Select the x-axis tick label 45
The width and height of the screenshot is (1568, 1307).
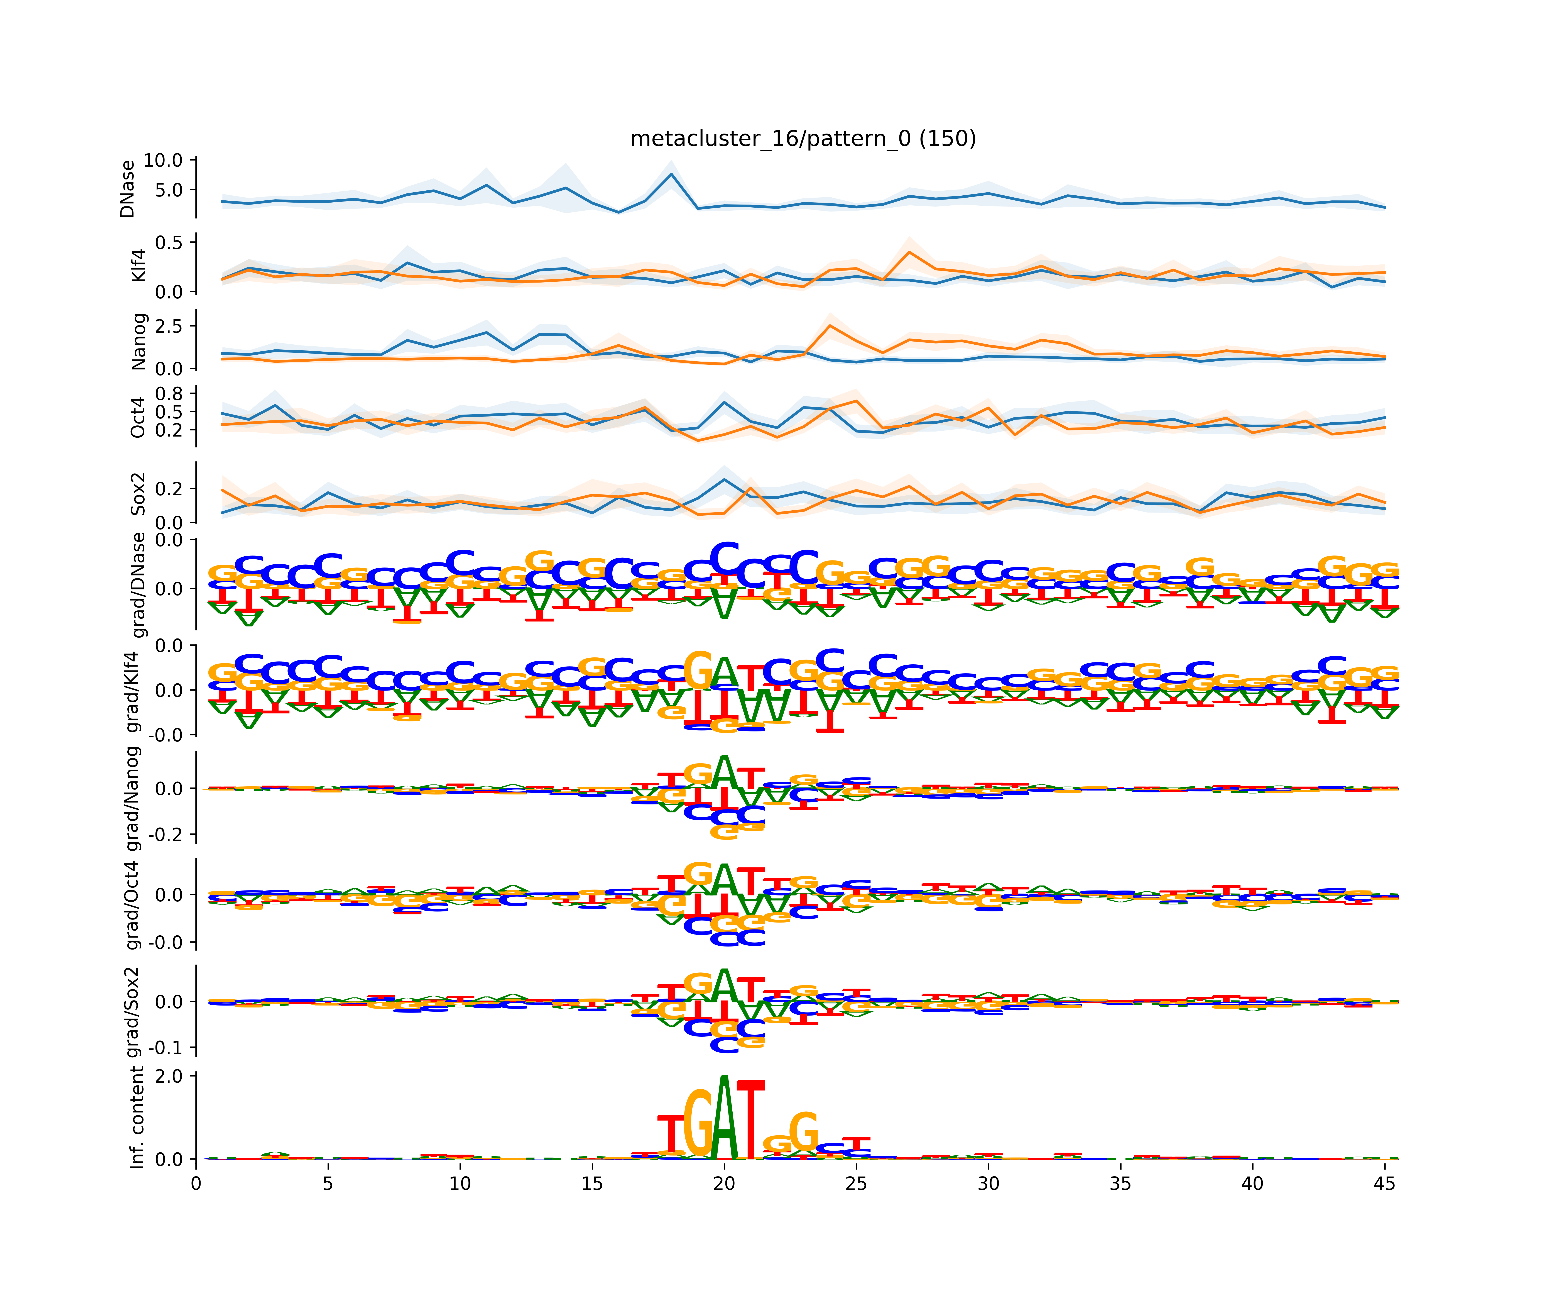point(1384,1184)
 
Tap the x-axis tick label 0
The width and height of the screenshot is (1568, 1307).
point(196,1184)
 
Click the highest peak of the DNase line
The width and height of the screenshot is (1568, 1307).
point(671,174)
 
